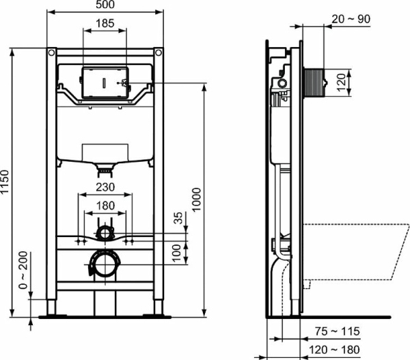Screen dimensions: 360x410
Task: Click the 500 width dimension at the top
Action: coord(105,5)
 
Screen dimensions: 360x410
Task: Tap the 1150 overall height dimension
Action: coord(6,181)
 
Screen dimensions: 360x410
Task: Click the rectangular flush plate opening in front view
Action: coord(104,82)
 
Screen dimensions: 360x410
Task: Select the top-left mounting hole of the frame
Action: coord(51,52)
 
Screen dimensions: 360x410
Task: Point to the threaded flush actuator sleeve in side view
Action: coord(317,82)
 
